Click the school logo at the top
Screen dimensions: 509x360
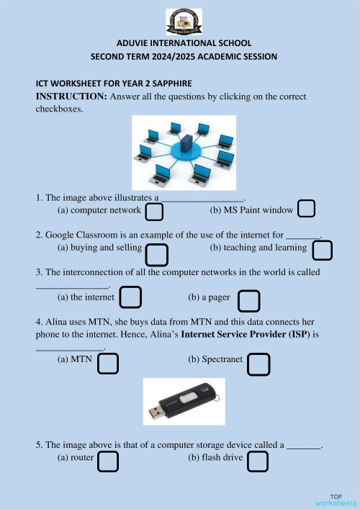coord(184,22)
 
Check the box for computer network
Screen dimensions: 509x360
coord(154,212)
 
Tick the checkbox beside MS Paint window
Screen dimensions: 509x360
coord(307,209)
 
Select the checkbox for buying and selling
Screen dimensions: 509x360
coord(157,255)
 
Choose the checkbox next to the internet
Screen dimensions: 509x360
coord(130,297)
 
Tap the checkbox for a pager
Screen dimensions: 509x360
coord(249,301)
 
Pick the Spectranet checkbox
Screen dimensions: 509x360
coord(258,365)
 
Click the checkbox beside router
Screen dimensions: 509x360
coord(107,461)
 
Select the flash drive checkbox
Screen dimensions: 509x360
coord(258,461)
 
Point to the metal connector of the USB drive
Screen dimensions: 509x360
coord(157,412)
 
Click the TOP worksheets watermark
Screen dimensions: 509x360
coord(336,500)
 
